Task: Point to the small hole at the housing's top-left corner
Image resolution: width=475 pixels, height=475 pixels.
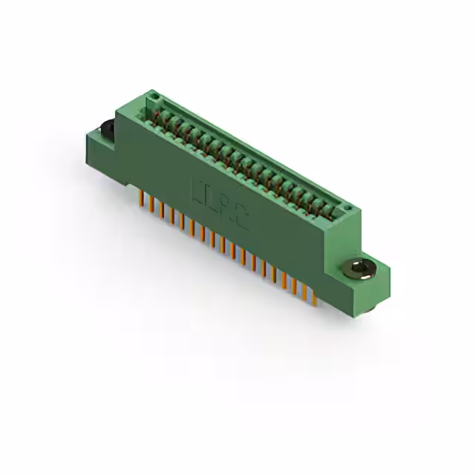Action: pos(154,97)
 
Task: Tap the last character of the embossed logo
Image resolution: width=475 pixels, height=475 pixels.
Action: pos(243,217)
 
